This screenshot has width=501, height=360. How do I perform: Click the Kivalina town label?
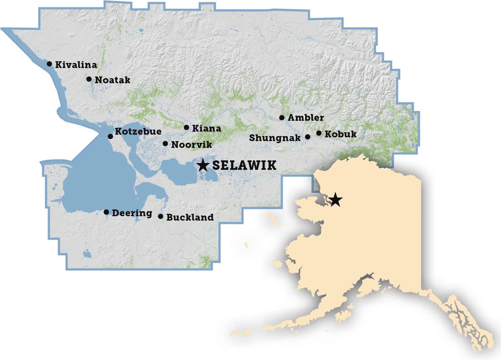pos(76,65)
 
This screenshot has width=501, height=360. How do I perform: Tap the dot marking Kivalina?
pos(49,64)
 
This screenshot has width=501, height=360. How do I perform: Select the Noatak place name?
pos(112,80)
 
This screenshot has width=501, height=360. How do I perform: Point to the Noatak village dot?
pos(89,79)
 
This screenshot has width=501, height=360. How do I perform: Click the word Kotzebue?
pos(138,131)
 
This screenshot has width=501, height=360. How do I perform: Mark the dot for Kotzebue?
pos(110,136)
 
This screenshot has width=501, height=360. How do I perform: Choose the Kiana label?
pos(206,129)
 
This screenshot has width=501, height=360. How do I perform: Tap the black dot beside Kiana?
pos(186,128)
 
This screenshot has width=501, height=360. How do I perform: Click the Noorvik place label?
pos(191,145)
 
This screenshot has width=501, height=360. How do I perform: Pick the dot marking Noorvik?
pos(165,144)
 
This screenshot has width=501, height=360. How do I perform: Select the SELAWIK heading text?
pos(244,165)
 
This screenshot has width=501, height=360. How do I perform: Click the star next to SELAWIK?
pos(203,165)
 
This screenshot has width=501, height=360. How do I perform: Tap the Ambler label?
pos(306,118)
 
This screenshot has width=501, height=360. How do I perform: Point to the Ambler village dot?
pos(282,118)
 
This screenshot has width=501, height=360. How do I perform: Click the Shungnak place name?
pos(275,138)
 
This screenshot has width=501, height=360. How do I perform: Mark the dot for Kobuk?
pos(319,133)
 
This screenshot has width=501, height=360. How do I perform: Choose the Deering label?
pos(132,213)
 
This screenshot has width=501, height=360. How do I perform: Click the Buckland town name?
pos(190,217)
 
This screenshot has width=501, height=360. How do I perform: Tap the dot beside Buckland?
pos(160,216)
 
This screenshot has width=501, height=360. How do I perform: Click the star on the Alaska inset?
pos(335,199)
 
